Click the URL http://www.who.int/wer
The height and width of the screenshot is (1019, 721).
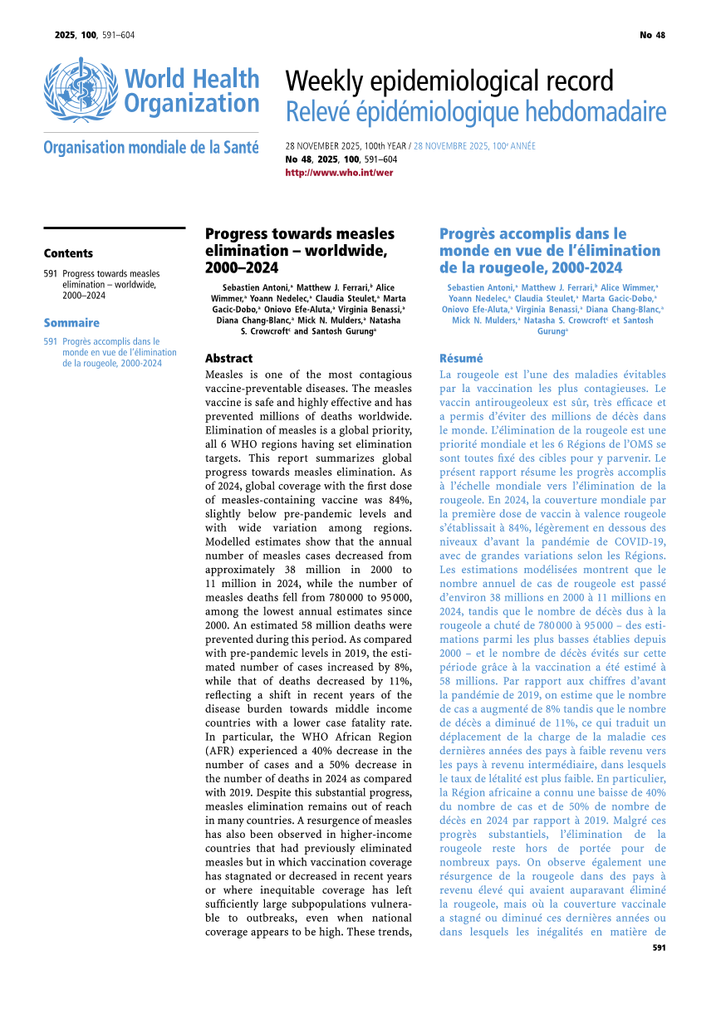coord(339,173)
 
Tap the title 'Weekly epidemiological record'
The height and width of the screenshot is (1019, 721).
coord(449,81)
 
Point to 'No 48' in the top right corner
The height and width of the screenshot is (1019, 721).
coord(652,35)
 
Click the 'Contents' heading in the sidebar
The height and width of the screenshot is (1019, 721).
coord(68,253)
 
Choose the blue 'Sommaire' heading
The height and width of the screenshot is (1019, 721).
coord(71,323)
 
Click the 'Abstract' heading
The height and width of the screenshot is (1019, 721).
coord(228,359)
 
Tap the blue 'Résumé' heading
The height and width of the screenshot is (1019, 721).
coord(461,359)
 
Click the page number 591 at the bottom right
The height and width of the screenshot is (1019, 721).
coord(659,948)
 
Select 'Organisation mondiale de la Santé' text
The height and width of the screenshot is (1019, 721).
coord(151,148)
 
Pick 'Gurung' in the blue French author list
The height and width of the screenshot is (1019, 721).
coord(551,331)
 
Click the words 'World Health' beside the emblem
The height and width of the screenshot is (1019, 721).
coord(192,80)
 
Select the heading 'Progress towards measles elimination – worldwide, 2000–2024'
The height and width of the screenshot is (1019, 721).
coord(300,250)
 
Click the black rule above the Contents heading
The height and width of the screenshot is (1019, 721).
coord(114,228)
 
